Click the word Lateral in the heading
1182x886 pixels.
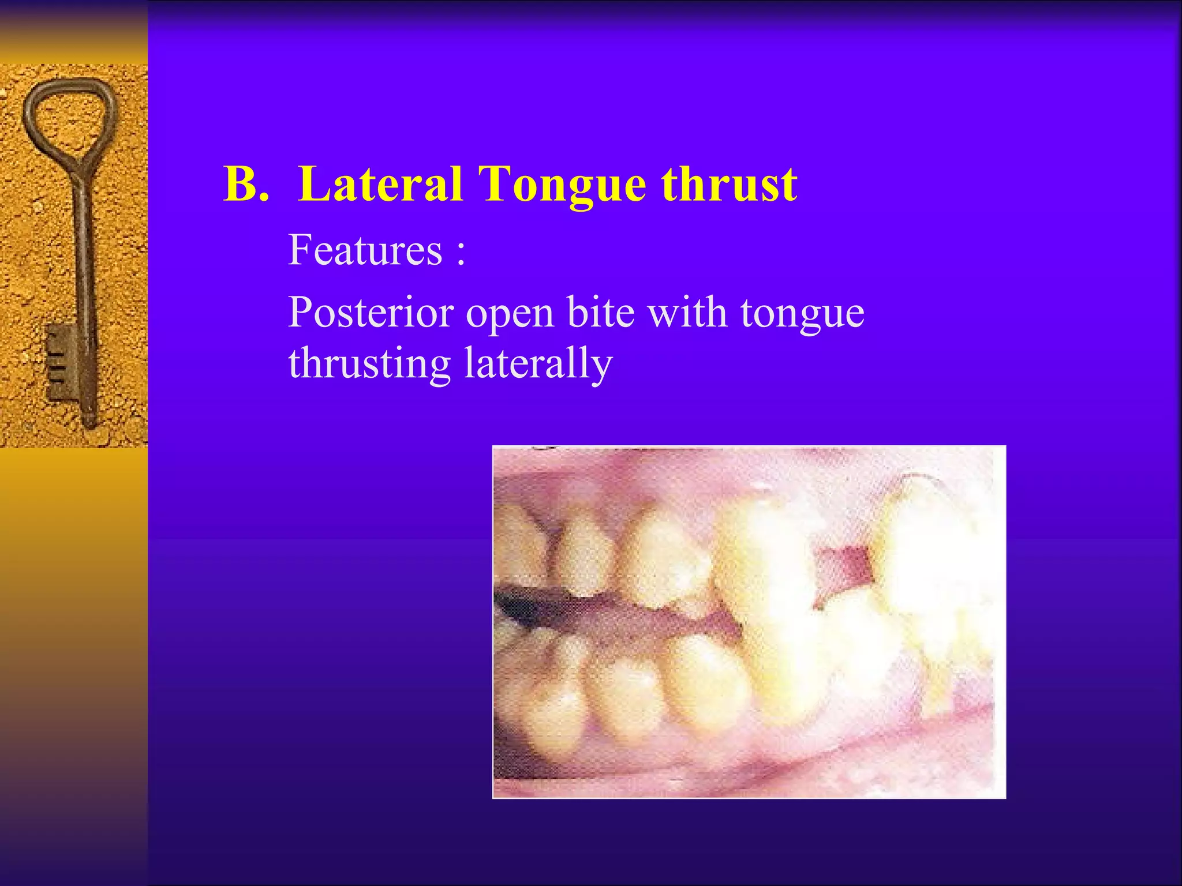(381, 185)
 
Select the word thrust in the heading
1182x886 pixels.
(730, 185)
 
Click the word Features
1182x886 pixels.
(365, 250)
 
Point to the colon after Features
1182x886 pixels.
(460, 254)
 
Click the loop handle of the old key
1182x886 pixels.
(69, 115)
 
